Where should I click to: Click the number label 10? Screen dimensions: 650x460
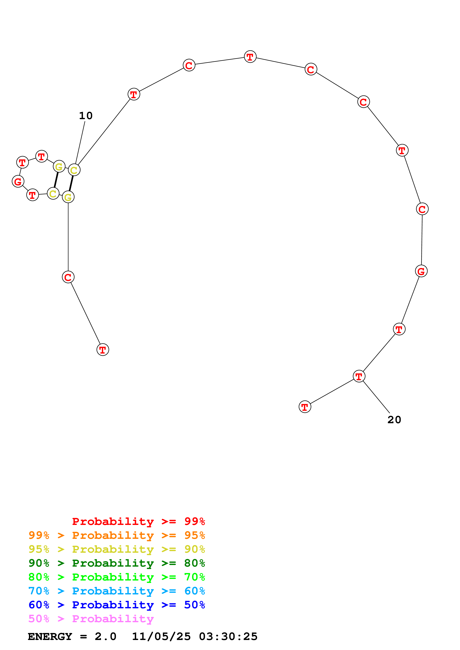tap(86, 116)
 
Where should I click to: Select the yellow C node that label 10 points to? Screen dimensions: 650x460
tap(74, 170)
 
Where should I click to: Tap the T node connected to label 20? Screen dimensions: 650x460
tap(359, 376)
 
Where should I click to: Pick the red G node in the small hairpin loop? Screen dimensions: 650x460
tap(18, 181)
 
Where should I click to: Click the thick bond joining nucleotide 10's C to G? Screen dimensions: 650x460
tap(71, 183)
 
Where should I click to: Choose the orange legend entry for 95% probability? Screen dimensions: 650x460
tap(117, 535)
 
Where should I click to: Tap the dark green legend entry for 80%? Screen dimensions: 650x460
tap(117, 563)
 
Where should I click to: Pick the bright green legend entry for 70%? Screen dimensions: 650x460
tap(117, 577)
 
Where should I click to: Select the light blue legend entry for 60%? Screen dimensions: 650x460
tap(117, 591)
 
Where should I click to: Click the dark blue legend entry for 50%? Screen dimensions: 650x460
tap(117, 605)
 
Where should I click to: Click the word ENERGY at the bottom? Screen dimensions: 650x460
tap(50, 636)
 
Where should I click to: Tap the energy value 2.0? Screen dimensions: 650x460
tap(105, 636)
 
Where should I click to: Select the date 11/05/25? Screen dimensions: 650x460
tap(161, 636)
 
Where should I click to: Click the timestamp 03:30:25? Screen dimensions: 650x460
tap(228, 636)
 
